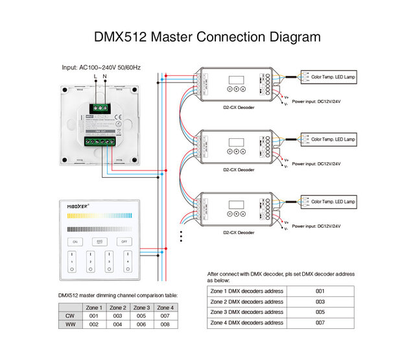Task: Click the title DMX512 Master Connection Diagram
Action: click(x=207, y=36)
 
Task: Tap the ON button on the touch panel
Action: click(x=75, y=241)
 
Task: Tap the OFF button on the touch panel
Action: click(x=124, y=241)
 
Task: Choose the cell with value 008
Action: click(x=165, y=324)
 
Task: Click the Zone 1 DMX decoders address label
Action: click(x=246, y=291)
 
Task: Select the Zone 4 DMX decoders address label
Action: click(x=246, y=322)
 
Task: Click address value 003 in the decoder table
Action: click(x=320, y=302)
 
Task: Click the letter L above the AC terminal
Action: click(x=95, y=77)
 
